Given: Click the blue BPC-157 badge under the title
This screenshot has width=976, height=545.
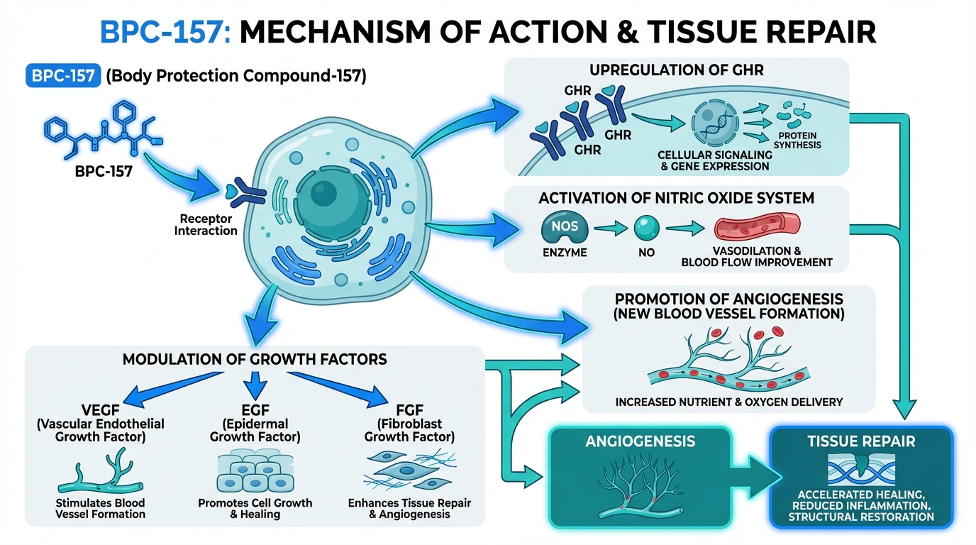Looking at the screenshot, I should (x=62, y=76).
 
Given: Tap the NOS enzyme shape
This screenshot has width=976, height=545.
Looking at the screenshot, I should (x=565, y=229).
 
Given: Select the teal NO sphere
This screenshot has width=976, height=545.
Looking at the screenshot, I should (x=647, y=229).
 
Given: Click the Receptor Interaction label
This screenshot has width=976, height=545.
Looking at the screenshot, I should (x=206, y=225).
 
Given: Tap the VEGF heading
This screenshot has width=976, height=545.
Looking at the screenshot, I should (x=99, y=410).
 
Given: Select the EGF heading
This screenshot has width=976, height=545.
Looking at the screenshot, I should (x=255, y=410).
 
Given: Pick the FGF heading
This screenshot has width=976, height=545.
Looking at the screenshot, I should (x=409, y=410).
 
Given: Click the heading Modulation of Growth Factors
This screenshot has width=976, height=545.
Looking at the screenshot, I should (x=255, y=359).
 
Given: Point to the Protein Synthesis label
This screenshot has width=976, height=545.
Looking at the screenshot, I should (x=798, y=141).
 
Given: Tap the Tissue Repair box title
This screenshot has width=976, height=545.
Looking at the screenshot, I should (x=861, y=441).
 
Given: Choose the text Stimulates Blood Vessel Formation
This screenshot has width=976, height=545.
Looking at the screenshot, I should (x=100, y=508).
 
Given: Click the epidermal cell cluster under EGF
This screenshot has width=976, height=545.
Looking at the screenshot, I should (x=255, y=471).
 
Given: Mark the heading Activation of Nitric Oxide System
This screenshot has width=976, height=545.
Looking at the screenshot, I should (x=675, y=198).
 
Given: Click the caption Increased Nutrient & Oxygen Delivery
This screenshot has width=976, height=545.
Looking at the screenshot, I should (x=729, y=402).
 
